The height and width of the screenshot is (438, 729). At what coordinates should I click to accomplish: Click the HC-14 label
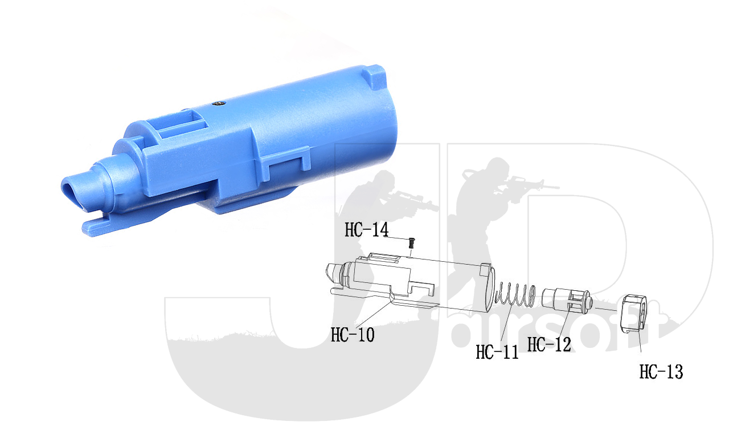coord(367,229)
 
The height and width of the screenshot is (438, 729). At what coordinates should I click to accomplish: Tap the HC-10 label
coord(353,335)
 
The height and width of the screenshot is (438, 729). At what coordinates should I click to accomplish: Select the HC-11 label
coord(497,352)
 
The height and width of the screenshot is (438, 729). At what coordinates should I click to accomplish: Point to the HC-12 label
coord(549,344)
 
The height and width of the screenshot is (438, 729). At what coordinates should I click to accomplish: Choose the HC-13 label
coord(661,371)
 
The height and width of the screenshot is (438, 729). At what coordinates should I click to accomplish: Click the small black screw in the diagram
coord(412,243)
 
